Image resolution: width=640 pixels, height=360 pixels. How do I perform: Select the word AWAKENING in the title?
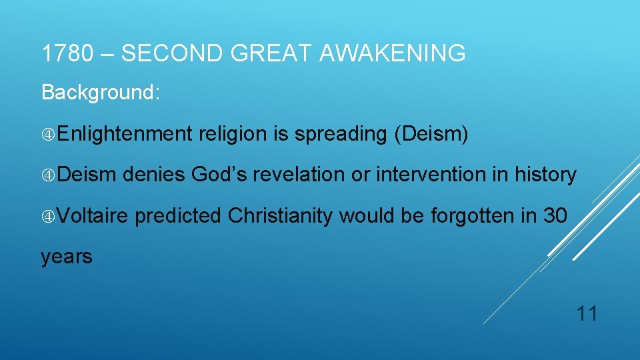point(392,53)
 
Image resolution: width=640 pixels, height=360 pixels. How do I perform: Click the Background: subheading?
point(101,92)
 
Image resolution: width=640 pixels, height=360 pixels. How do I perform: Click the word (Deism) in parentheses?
point(431,134)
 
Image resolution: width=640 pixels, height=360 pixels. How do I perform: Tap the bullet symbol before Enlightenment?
point(48,135)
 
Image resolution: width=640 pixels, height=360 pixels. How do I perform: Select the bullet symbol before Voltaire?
point(48,217)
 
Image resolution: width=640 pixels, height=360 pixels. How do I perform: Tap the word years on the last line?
point(67,257)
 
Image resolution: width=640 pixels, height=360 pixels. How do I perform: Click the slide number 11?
point(586,313)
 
